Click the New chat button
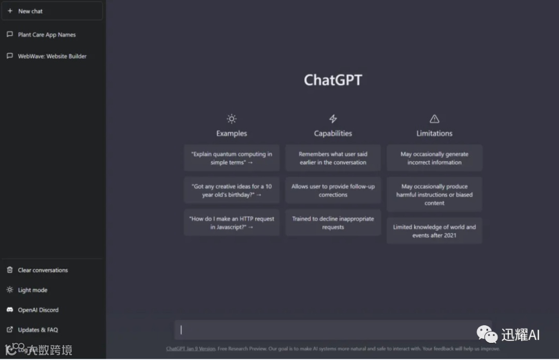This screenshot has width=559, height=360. [52, 11]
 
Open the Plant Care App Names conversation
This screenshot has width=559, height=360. [47, 35]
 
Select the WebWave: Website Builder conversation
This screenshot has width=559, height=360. [52, 56]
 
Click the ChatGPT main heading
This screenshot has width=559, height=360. [333, 80]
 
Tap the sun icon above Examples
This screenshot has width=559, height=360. [231, 119]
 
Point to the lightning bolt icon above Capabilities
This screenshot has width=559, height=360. [333, 119]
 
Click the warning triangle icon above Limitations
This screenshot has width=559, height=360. [434, 119]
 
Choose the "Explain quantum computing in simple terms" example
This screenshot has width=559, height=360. [231, 158]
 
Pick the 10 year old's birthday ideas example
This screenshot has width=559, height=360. [231, 191]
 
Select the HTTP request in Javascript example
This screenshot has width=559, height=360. [231, 223]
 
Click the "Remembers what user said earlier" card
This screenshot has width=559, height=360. [333, 158]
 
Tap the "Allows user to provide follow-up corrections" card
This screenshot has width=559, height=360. [333, 191]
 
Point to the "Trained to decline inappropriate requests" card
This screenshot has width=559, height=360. [333, 223]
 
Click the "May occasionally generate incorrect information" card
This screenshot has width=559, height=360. [434, 158]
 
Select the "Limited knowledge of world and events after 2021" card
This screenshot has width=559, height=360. [434, 231]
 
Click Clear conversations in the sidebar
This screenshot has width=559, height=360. [42, 270]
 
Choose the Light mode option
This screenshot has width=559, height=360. [32, 290]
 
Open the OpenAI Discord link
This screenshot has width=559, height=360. [38, 310]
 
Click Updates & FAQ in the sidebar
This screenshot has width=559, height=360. [37, 329]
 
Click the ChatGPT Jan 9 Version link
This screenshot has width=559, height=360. [190, 349]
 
